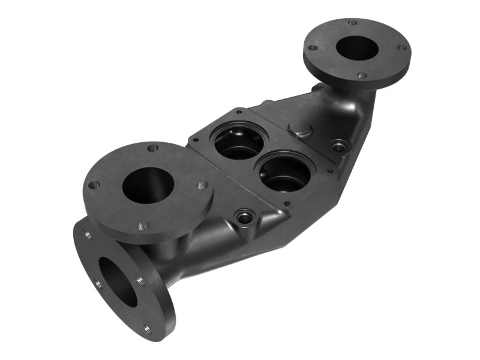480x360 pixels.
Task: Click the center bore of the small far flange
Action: [358, 47]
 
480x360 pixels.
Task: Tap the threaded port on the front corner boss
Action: [245, 215]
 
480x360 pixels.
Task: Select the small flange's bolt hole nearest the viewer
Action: [362, 76]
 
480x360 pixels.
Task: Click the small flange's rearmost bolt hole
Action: [352, 23]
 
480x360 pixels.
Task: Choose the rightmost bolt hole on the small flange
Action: [401, 47]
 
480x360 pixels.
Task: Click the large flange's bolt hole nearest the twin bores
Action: [202, 185]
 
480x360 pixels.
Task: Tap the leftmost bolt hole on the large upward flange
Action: [94, 185]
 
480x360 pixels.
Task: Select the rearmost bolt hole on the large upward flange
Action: [152, 147]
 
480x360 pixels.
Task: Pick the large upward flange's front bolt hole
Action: [143, 226]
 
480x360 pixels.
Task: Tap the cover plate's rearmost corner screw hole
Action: [239, 111]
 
